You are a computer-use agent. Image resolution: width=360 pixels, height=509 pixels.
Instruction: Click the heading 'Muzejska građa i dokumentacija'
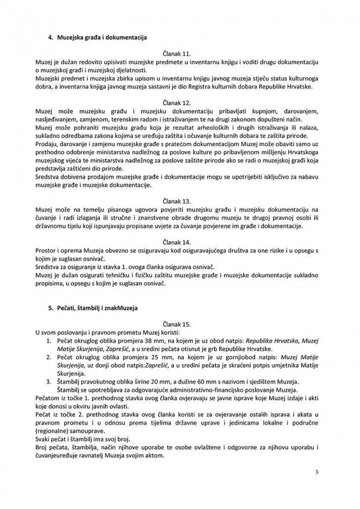[102, 37]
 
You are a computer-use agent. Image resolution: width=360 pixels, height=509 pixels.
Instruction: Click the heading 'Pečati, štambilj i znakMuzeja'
[98, 308]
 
